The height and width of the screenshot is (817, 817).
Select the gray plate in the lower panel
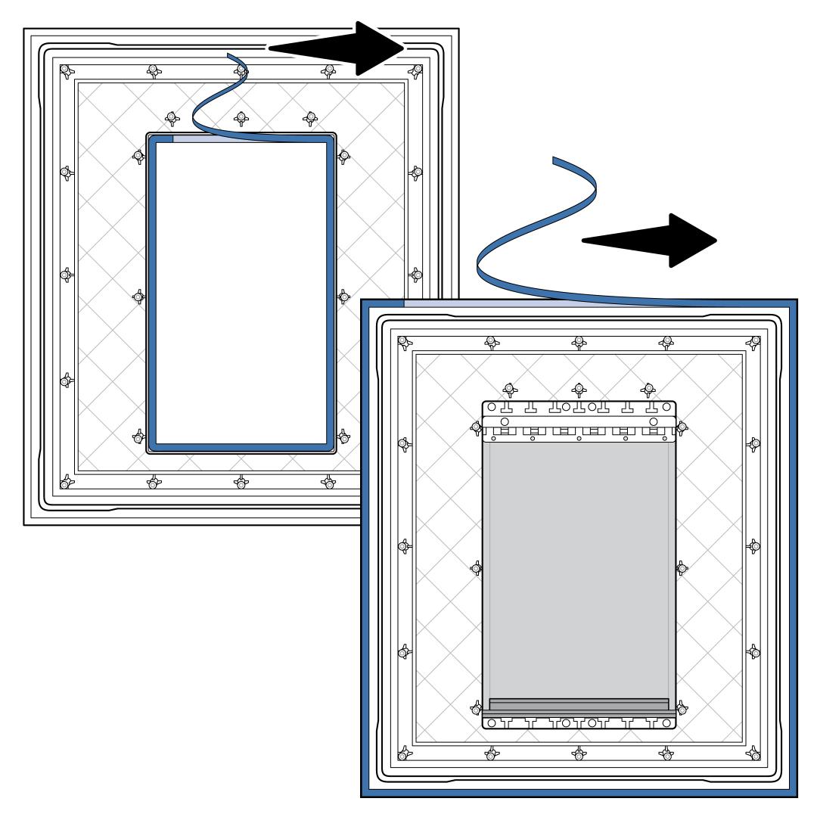pos(579,567)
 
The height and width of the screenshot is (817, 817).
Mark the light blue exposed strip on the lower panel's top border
pos(484,303)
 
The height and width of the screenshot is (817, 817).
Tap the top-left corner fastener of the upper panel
pos(66,70)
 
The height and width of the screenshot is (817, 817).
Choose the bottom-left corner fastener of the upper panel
pos(66,481)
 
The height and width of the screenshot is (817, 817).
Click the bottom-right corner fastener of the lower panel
pos(753,753)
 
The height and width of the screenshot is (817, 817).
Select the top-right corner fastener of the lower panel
pos(753,343)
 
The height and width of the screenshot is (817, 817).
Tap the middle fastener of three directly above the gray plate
pos(579,390)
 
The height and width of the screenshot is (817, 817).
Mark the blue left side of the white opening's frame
pos(151,291)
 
